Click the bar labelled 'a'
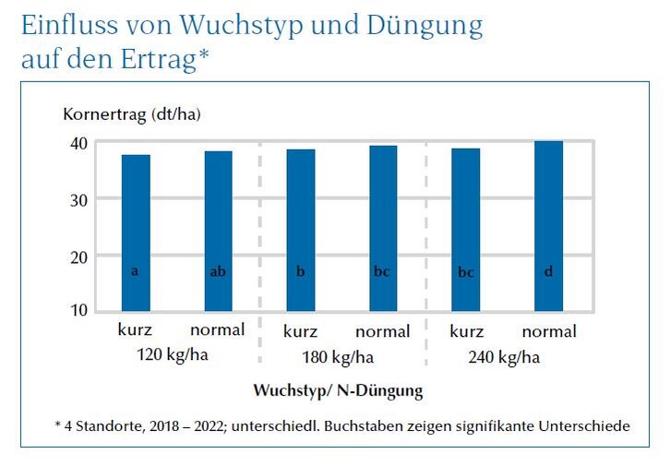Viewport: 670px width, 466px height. pos(136,233)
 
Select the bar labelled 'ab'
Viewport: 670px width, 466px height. pos(218,231)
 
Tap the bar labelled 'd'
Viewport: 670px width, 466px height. pos(548,226)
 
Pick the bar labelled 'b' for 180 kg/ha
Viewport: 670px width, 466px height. pos(300,230)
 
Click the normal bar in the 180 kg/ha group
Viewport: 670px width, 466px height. pos(383,228)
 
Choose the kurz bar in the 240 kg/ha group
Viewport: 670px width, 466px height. pos(465,230)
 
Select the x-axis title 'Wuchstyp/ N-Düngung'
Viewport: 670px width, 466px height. pos(338,390)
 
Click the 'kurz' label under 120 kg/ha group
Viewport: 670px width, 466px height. pos(135,330)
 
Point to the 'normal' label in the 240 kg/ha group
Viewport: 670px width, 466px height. pos(548,331)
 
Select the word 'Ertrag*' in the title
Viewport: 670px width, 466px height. pos(163,60)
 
